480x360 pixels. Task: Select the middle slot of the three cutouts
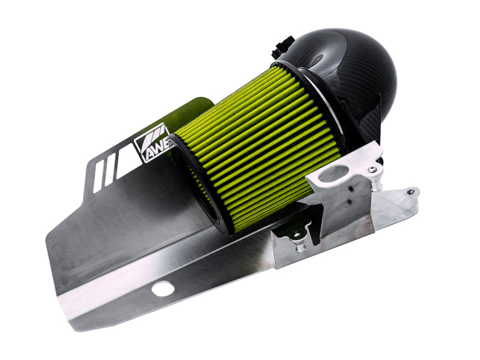(x=110, y=168)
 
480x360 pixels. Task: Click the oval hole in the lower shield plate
(x=163, y=289)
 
